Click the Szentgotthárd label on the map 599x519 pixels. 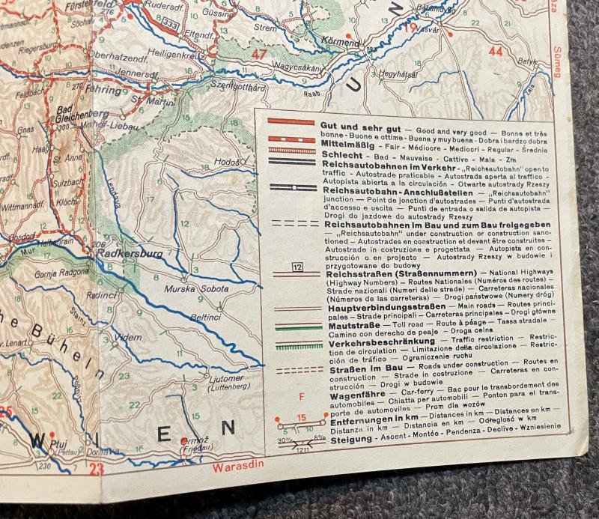[x=238, y=87]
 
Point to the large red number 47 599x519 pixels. [x=259, y=54]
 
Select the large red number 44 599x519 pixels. [x=495, y=52]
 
